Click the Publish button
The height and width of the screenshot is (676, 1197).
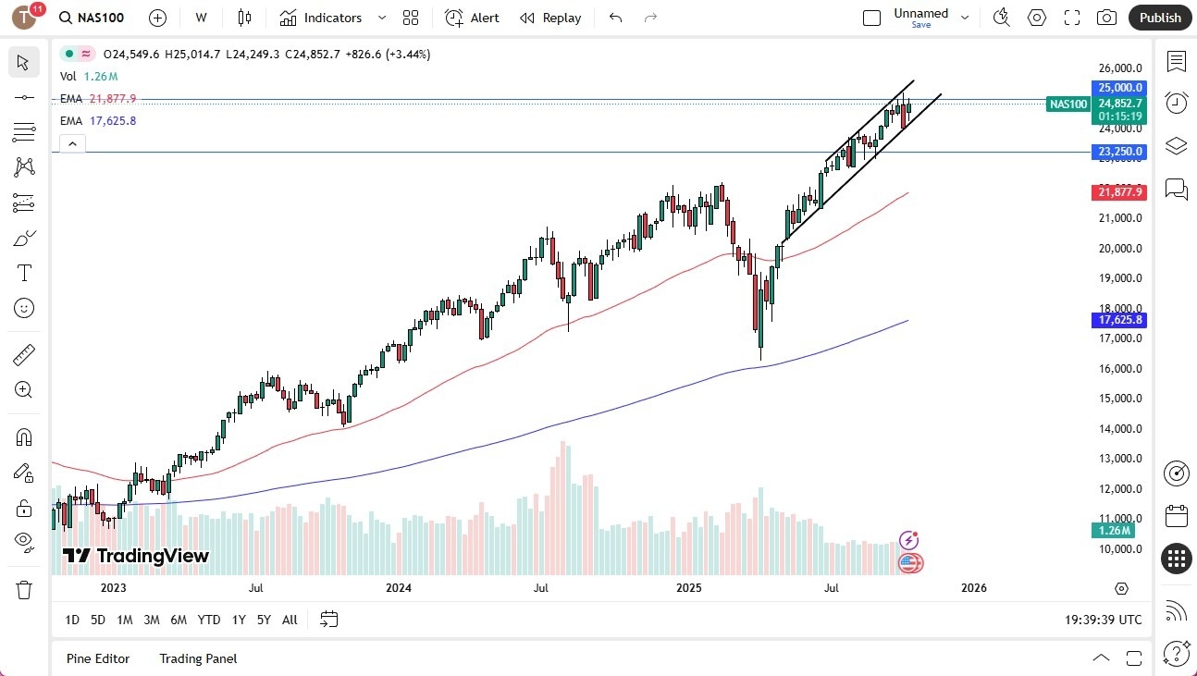click(1160, 18)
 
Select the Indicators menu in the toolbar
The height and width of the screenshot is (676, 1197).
click(321, 18)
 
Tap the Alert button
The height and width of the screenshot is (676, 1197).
click(472, 18)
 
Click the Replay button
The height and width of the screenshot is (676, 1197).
click(550, 18)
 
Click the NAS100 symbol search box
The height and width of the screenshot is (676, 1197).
click(93, 18)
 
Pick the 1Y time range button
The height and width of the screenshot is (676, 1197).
click(239, 620)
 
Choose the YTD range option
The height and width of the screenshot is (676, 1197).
click(209, 620)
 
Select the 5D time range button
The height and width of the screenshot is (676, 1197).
click(97, 620)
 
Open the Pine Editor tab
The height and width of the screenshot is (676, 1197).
click(98, 658)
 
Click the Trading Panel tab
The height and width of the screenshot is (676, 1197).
click(198, 658)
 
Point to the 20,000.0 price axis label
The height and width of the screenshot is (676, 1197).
click(1120, 248)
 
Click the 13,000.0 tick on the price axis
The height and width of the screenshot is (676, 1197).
click(1120, 459)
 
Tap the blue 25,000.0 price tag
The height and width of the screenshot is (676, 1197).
click(1119, 88)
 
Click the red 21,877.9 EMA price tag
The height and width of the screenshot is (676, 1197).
click(1119, 192)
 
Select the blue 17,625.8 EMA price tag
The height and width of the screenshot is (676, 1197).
click(1119, 320)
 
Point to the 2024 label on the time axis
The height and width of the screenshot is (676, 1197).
click(399, 587)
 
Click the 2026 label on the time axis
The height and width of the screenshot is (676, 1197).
click(973, 587)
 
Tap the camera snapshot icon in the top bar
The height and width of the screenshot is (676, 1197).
click(1105, 18)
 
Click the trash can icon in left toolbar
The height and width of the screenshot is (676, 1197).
click(24, 589)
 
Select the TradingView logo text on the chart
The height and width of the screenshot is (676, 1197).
click(136, 556)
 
